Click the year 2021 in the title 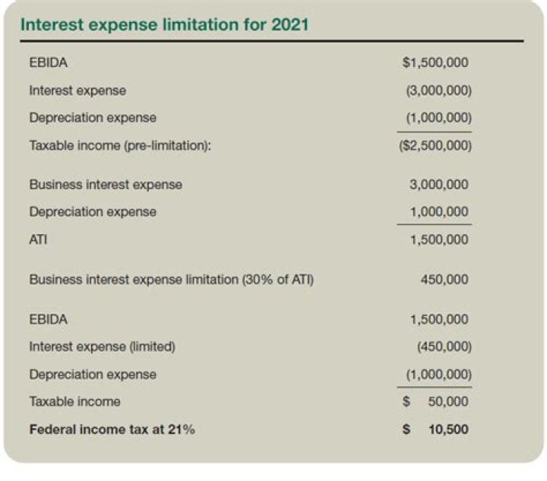tap(289, 24)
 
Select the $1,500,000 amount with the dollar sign tap(435, 62)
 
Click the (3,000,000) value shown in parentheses tap(439, 90)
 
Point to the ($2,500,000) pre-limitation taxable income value tap(435, 145)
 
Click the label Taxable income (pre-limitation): tap(119, 145)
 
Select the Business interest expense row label tap(106, 185)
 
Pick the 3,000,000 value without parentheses tap(438, 185)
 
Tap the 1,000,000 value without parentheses tap(438, 212)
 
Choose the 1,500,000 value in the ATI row tap(438, 239)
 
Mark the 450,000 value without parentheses tap(444, 280)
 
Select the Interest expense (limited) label tap(103, 347)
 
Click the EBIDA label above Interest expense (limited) tap(48, 319)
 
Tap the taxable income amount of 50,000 tap(448, 401)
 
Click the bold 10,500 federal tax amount tap(448, 429)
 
